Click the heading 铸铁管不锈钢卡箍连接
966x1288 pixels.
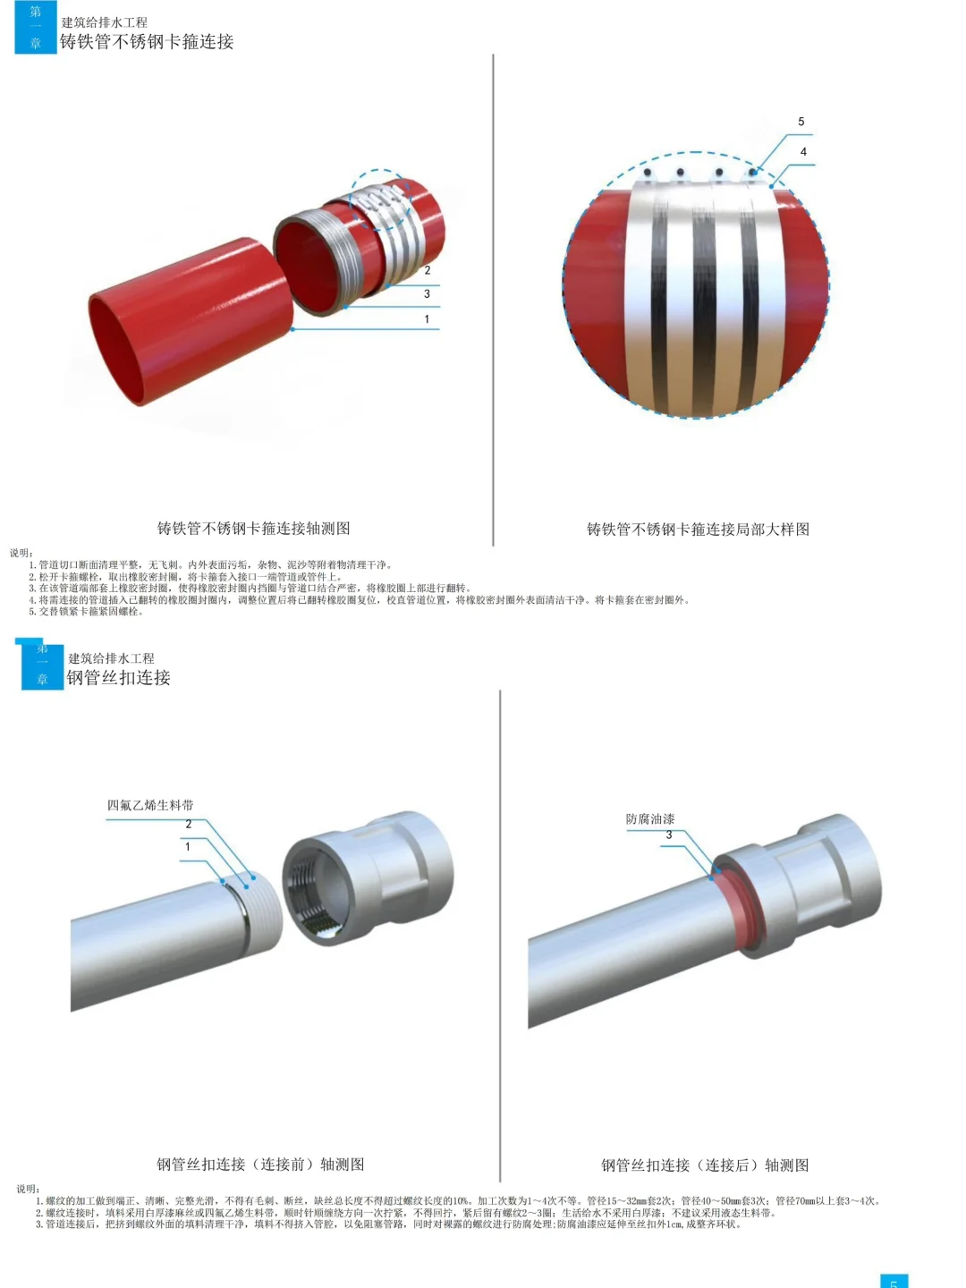pos(147,42)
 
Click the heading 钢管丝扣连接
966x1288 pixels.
pos(119,678)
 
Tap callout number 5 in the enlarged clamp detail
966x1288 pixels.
pos(801,122)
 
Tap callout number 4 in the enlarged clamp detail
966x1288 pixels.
pos(803,152)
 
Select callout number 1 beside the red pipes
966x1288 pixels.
pos(427,319)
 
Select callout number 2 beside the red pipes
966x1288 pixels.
pos(427,270)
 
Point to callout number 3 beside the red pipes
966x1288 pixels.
pos(427,294)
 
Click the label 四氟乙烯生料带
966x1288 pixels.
pos(150,805)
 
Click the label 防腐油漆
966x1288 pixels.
pos(650,819)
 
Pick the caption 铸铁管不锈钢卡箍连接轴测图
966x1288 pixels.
pos(254,529)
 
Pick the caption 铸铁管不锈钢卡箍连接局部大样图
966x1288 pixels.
pos(698,530)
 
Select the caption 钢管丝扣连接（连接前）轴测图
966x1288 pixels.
pos(260,1165)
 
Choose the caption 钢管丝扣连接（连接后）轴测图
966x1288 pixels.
pos(705,1165)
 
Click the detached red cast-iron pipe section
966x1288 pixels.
pos(188,318)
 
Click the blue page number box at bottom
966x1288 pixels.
pos(894,1281)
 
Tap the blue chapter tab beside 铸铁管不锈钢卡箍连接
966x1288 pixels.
pos(36,28)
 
